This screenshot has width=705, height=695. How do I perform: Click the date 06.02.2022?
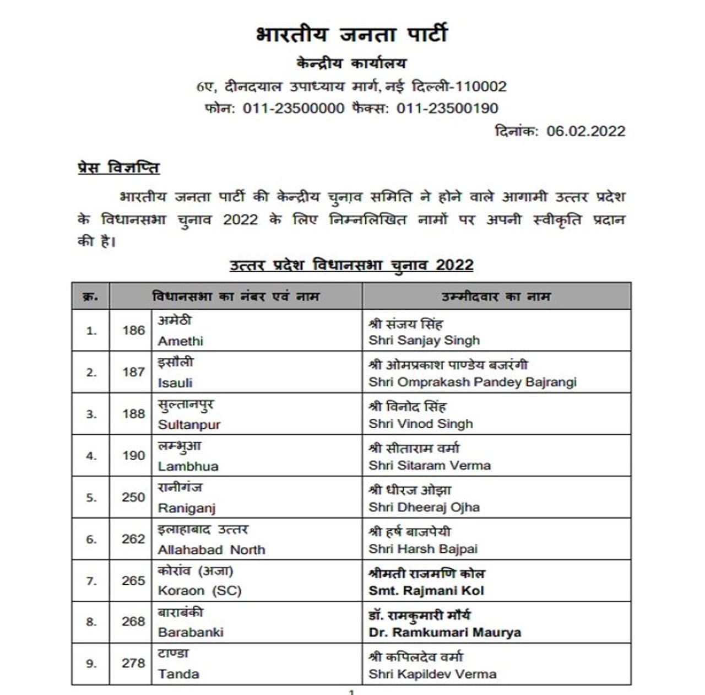point(585,131)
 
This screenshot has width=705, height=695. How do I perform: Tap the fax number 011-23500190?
point(447,108)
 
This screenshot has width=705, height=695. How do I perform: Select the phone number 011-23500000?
point(294,108)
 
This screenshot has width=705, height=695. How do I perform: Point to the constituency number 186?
point(133,330)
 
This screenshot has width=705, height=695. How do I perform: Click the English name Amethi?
point(180,341)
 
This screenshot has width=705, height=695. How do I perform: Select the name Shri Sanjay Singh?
point(424,341)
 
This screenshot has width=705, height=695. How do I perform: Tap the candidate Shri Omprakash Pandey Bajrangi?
point(473,382)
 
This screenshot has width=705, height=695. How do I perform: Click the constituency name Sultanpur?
point(189,425)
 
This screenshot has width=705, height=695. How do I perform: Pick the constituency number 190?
point(133,456)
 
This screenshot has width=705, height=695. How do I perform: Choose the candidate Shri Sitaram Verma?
point(430,466)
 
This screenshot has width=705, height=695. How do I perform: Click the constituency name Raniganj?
point(186,508)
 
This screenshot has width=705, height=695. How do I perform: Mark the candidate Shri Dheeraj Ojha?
point(424,507)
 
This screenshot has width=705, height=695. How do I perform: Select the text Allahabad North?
point(211,549)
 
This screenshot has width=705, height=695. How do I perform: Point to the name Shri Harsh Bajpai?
point(423,549)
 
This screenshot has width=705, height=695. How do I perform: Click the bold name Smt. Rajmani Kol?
point(426,591)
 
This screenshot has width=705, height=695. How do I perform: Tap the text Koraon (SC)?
point(199,591)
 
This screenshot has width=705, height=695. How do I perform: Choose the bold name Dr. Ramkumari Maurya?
point(444,633)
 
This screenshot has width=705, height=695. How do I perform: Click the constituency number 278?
point(133,663)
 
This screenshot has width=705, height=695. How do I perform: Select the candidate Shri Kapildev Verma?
point(432,674)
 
